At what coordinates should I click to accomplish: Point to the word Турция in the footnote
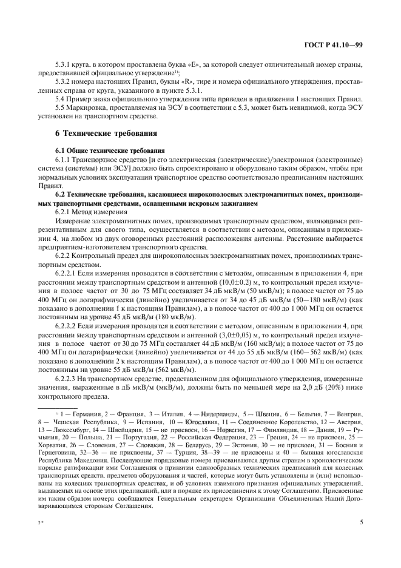231,452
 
